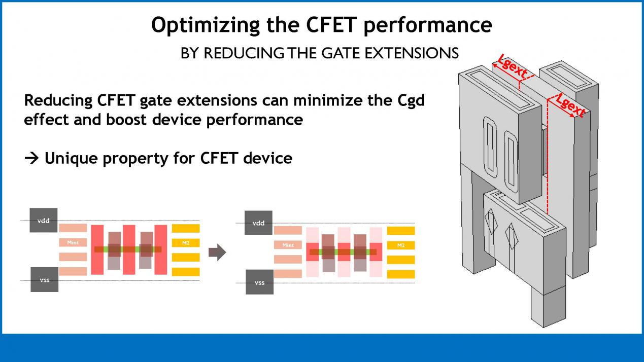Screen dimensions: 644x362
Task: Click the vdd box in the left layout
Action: (44, 220)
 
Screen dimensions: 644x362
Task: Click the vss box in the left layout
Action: (44, 279)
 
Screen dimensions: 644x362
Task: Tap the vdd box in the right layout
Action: (258, 223)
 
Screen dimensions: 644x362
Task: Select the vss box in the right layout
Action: (260, 282)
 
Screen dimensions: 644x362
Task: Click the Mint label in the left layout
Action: (73, 242)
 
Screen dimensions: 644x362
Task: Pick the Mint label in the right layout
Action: (288, 245)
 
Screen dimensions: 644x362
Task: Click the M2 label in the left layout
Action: (186, 243)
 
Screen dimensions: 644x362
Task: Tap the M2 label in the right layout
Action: (401, 245)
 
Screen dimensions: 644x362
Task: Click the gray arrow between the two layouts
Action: (217, 252)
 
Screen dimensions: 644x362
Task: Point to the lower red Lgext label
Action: (570, 105)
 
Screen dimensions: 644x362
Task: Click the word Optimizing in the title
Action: (205, 26)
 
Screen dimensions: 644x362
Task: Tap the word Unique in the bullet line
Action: (71, 159)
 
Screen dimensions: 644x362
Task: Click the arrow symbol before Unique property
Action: (31, 158)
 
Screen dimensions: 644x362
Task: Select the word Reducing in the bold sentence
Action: (58, 101)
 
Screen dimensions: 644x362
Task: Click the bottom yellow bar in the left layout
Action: (186, 272)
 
